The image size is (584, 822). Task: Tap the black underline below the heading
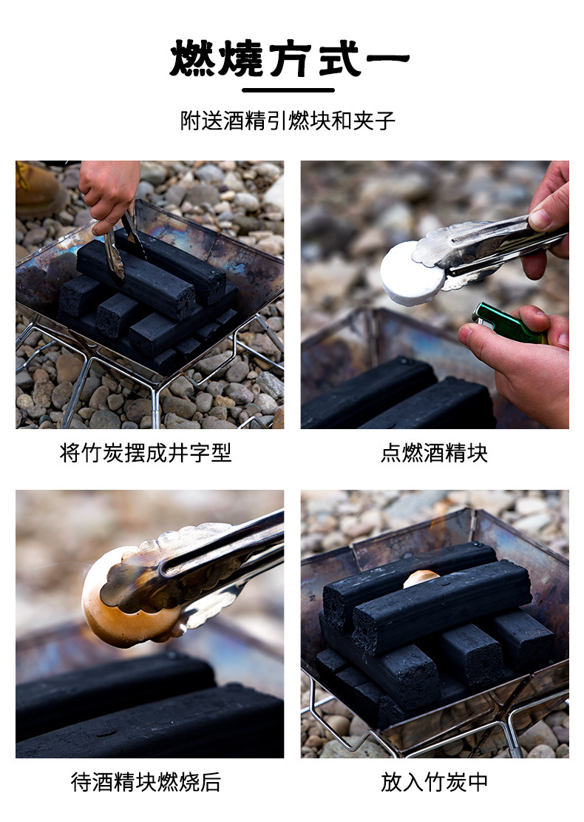click(288, 90)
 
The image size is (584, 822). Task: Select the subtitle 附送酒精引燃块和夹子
click(288, 121)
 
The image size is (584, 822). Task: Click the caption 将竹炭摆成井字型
click(145, 453)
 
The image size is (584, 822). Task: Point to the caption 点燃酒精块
click(434, 453)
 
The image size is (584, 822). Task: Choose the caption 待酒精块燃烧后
click(146, 782)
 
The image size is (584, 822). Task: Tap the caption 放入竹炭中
click(434, 782)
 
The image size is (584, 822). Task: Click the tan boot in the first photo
click(38, 189)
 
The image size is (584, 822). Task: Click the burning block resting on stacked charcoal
click(421, 578)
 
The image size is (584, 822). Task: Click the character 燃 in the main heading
click(192, 58)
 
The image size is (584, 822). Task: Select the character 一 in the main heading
click(388, 58)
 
